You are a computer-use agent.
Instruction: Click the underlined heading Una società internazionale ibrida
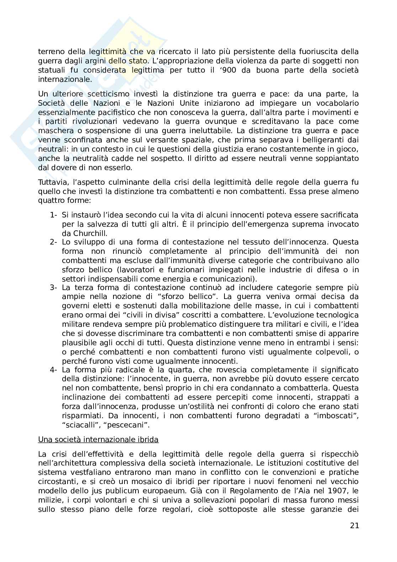tap(98, 440)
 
